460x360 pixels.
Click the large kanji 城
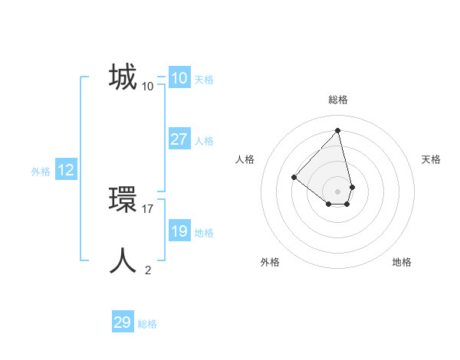123,78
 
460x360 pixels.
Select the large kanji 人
123,261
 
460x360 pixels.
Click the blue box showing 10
179,78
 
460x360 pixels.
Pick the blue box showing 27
179,139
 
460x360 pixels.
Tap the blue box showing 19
179,231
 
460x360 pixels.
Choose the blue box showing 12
65,170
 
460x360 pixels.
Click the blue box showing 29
122,322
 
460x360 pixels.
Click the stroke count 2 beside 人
148,270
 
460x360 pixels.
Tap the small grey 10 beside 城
148,87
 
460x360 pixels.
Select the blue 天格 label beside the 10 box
204,80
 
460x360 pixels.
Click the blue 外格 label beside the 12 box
41,172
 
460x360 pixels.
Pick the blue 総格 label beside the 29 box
147,324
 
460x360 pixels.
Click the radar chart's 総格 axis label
338,100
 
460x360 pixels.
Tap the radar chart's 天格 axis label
432,159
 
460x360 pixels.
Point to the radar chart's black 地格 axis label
402,262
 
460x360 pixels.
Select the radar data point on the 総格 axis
338,130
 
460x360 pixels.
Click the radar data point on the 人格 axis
294,177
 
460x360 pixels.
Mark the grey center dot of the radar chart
338,191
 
